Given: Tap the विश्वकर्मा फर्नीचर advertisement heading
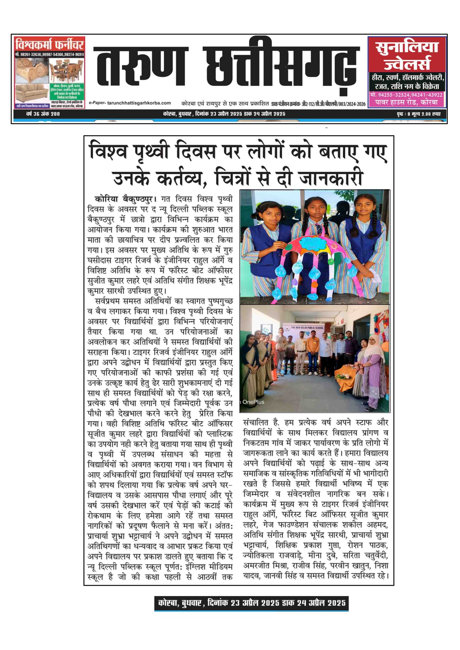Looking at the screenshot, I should click(x=49, y=45).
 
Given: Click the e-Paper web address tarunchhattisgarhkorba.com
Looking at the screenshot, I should click(x=139, y=103).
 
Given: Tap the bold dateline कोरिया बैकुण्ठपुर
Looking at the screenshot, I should click(x=125, y=199).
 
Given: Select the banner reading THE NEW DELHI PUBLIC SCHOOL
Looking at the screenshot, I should click(x=307, y=328).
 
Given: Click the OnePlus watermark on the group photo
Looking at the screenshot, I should click(x=253, y=402).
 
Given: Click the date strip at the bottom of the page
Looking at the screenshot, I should click(x=251, y=603).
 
